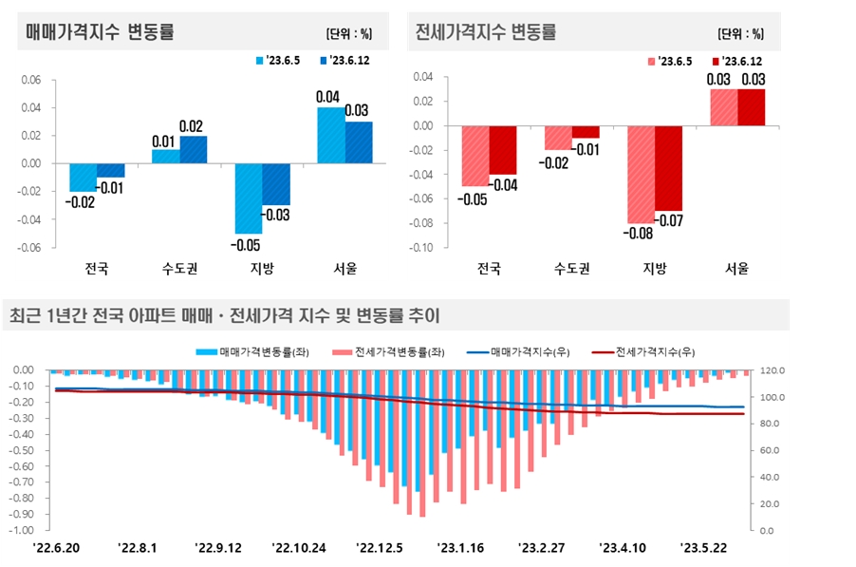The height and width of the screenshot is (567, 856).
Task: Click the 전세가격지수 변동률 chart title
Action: pos(486,32)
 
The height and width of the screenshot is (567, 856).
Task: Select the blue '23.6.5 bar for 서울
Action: pos(331,135)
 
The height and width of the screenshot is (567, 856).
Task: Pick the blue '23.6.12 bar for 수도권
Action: pos(193,149)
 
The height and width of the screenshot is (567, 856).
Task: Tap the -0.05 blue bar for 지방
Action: pos(249,198)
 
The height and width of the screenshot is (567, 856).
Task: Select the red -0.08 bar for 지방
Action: pos(641,174)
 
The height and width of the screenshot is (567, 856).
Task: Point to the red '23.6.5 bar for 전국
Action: pos(475,156)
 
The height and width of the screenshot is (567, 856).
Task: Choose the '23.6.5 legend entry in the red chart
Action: pos(669,61)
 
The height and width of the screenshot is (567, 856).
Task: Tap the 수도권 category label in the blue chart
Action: pos(178,268)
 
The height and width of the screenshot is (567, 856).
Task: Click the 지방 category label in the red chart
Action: pos(654,268)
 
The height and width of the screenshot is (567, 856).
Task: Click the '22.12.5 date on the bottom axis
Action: pos(379,548)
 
